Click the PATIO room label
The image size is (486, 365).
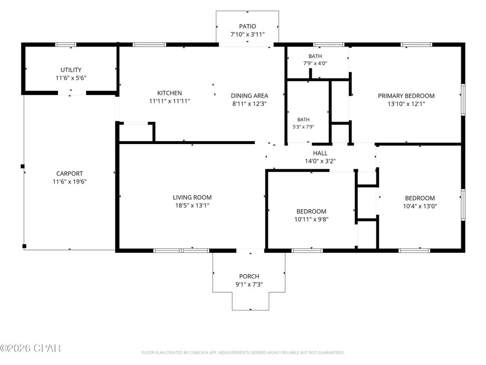(x=247, y=27)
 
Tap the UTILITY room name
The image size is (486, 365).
(x=71, y=70)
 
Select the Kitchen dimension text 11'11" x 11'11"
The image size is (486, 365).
(x=169, y=101)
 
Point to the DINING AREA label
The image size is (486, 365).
(x=250, y=96)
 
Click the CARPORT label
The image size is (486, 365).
(x=69, y=173)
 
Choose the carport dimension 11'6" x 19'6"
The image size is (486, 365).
(x=69, y=182)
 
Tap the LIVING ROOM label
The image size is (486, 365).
(x=192, y=197)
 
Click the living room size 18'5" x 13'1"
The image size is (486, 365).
(x=192, y=205)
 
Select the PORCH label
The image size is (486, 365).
(x=249, y=276)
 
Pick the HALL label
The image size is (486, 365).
(x=320, y=153)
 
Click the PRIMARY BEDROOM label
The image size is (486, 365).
(x=406, y=96)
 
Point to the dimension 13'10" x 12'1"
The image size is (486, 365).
(x=406, y=104)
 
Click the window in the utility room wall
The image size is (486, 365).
(x=65, y=45)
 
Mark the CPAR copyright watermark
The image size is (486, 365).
(x=30, y=348)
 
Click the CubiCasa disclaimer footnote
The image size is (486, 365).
(x=243, y=353)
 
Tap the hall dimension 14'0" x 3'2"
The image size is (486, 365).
(x=320, y=161)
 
